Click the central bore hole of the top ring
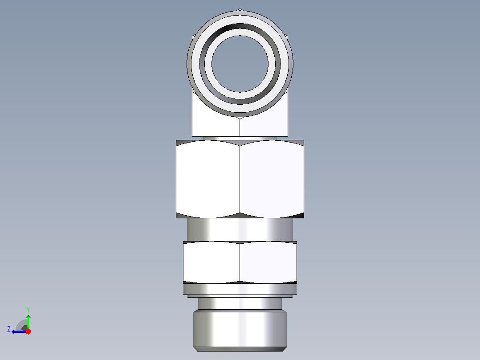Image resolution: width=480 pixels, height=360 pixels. point(240,64)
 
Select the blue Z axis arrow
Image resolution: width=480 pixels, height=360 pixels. point(19,331)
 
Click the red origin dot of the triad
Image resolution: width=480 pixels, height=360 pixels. point(28,331)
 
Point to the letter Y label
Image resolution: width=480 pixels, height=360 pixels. point(28,310)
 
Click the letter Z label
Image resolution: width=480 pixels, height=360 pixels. point(9,329)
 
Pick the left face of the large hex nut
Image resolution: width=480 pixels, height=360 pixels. point(208,179)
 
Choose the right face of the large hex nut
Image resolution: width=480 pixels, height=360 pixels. point(272,179)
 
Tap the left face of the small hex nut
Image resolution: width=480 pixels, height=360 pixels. point(211,262)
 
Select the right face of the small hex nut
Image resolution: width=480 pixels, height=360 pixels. point(268,262)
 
